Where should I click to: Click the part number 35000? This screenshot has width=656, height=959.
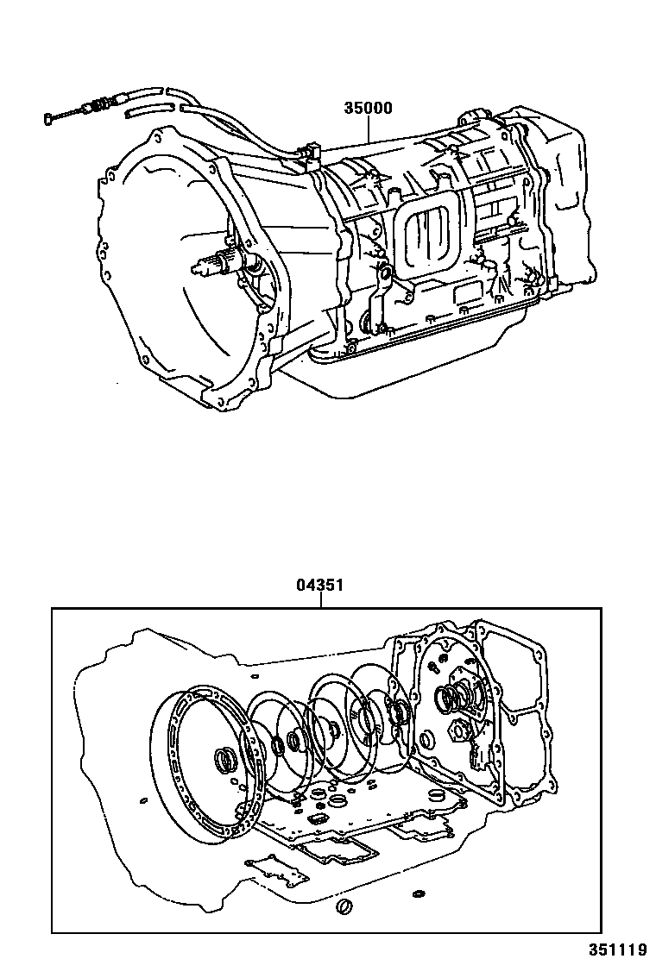coord(369,109)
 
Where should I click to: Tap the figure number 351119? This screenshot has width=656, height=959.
coord(618,948)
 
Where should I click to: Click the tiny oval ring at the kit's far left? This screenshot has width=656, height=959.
coord(143,800)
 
